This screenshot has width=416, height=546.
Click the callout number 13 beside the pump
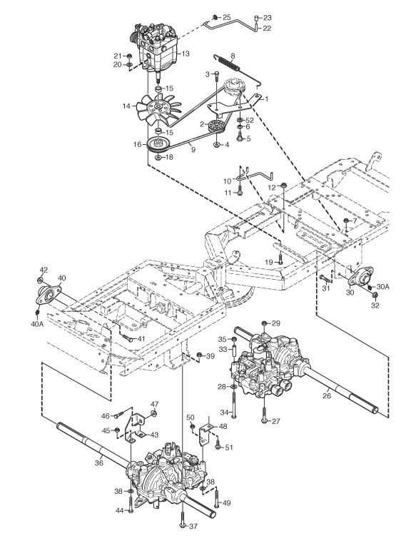point(186,54)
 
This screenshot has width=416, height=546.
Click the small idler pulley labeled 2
point(216,126)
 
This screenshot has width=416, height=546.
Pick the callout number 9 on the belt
point(193,150)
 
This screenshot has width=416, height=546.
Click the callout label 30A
point(383,287)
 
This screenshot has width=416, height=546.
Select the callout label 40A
point(37,324)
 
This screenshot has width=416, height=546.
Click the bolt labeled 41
point(127,338)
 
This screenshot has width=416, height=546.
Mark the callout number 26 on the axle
point(327,395)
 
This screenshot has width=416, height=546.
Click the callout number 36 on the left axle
point(99,463)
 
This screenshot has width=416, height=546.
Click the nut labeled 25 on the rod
point(215,16)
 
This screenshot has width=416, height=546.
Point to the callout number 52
point(250,121)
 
